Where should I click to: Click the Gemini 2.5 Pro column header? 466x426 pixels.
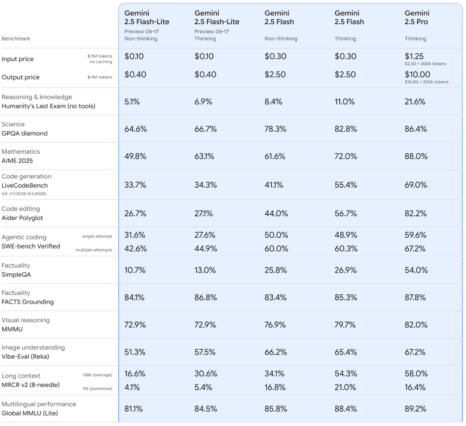tap(417, 18)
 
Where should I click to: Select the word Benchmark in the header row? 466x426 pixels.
tap(17, 39)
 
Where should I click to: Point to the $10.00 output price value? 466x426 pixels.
tap(417, 74)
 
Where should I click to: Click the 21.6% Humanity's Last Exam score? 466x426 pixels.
tap(415, 102)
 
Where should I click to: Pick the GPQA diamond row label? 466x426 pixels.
tap(25, 133)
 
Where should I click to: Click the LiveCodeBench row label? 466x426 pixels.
tap(25, 185)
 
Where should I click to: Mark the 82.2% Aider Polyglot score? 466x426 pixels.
tap(415, 214)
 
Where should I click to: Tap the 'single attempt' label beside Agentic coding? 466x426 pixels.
tap(97, 237)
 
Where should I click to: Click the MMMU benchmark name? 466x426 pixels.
tap(13, 329)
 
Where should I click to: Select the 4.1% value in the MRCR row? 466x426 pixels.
tap(132, 387)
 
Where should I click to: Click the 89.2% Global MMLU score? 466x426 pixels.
tap(415, 409)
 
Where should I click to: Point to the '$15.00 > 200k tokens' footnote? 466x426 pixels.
tap(426, 82)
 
